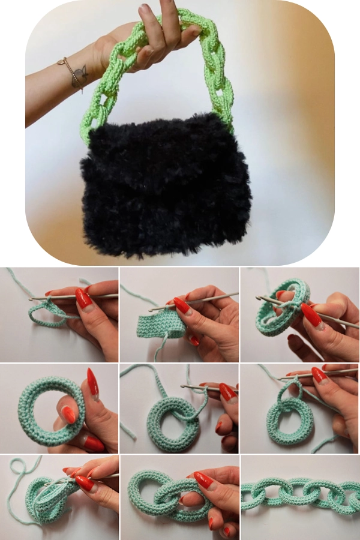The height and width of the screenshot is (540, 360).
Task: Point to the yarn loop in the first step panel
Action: pyautogui.click(x=45, y=315)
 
